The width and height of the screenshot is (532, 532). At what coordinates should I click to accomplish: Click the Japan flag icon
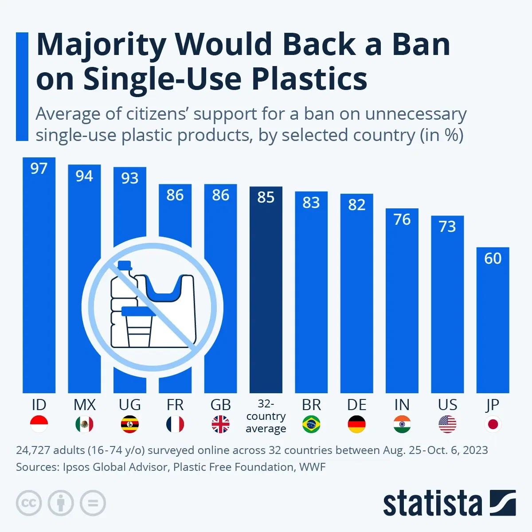point(493,424)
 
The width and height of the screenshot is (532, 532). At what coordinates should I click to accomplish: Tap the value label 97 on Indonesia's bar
point(39,168)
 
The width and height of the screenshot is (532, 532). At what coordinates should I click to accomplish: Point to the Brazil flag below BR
point(311,424)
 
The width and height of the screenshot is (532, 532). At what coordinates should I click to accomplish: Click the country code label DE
point(356,405)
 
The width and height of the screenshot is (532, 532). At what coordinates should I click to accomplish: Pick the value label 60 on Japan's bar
point(493,258)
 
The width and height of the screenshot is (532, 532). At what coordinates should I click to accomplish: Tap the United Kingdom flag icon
point(220,424)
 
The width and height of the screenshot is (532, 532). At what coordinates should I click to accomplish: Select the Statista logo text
point(432,504)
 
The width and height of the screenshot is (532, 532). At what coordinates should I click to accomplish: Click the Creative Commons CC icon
point(29,503)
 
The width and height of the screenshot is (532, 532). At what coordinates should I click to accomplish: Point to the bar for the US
point(447,310)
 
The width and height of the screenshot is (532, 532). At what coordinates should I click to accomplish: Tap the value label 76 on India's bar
point(402,219)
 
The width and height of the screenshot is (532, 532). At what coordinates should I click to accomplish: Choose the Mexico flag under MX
point(84,424)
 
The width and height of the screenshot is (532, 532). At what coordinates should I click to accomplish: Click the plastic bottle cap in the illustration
point(125,265)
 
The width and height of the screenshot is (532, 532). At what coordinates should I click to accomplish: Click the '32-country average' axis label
point(266,416)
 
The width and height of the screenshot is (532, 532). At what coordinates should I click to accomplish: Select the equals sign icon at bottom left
point(93,503)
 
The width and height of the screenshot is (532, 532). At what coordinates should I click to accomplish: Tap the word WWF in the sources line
point(313,467)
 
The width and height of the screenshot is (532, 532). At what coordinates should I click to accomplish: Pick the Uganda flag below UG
point(130,424)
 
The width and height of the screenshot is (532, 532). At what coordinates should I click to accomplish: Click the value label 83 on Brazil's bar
point(311,203)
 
